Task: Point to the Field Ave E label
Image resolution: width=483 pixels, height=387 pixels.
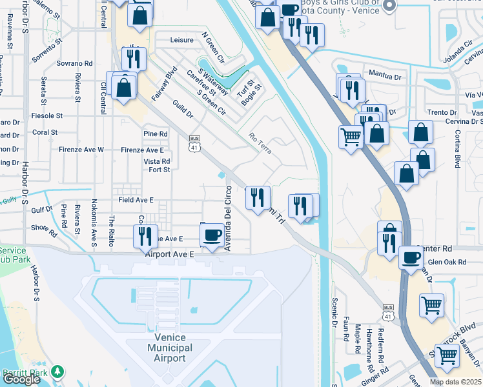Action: click(x=136, y=200)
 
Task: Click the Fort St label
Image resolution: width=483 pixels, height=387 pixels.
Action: click(x=159, y=170)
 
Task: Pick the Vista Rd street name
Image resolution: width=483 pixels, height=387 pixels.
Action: click(x=157, y=162)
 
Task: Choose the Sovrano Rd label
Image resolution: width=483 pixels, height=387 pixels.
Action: click(x=75, y=64)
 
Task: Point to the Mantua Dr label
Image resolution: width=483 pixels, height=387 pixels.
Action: click(x=385, y=75)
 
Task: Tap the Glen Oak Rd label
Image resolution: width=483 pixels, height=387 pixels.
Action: click(x=446, y=262)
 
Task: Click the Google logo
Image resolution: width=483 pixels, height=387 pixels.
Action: click(x=21, y=379)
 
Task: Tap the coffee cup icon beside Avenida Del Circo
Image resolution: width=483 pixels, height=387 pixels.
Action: click(x=212, y=233)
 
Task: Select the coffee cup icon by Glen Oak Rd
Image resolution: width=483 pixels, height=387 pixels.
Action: click(x=411, y=258)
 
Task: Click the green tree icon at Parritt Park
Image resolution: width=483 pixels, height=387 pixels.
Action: click(x=58, y=372)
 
